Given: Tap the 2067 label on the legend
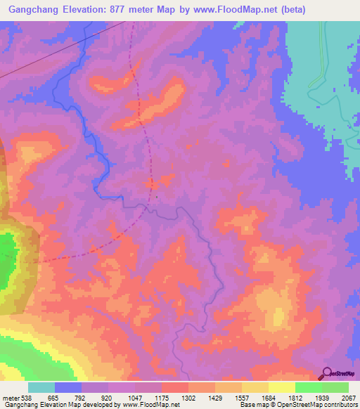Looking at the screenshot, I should coord(348,398).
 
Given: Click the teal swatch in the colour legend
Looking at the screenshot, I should coord(41,387).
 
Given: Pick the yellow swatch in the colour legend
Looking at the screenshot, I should coord(281,387).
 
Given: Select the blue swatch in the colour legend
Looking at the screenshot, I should coord(68,387).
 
